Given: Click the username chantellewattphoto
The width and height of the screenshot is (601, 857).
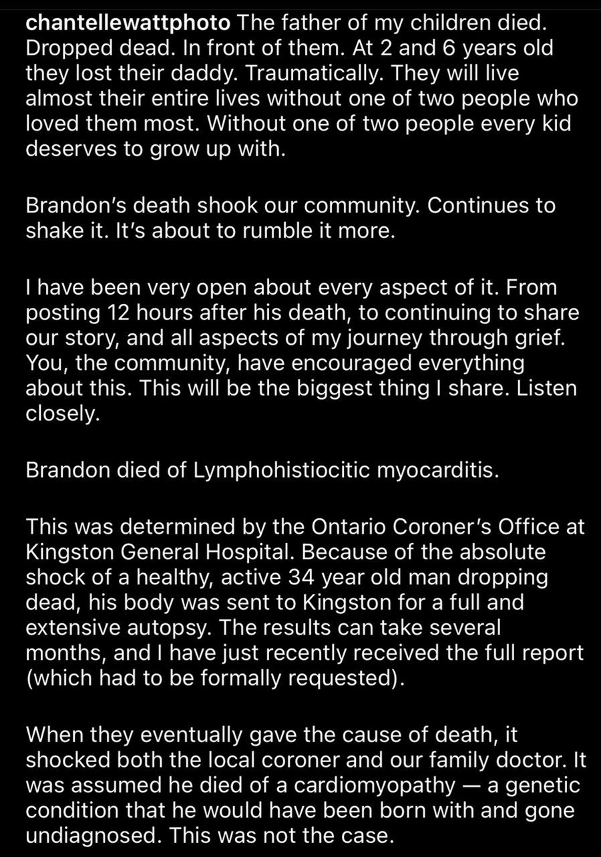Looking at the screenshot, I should point(128,23).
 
